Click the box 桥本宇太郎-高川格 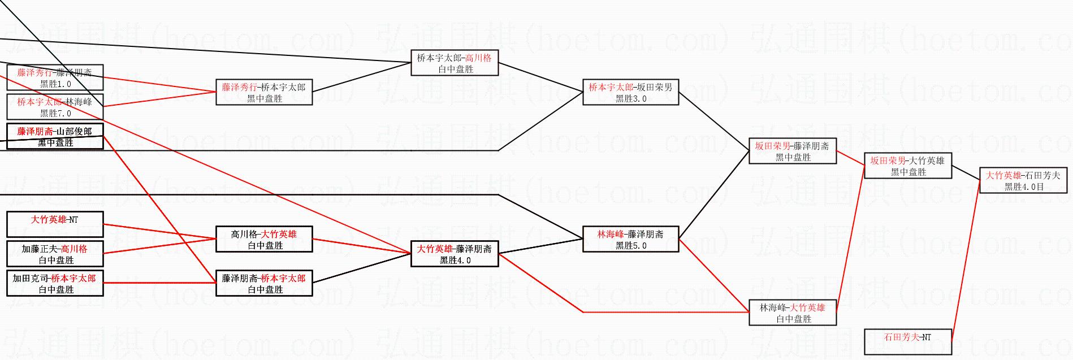[x=455, y=63]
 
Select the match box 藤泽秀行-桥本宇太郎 [x=264, y=93]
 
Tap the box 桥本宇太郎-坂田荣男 [x=630, y=93]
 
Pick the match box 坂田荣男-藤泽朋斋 [x=792, y=151]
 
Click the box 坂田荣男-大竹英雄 [x=907, y=166]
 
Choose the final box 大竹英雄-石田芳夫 [x=1023, y=181]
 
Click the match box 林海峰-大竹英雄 [x=792, y=313]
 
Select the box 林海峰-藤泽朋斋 [x=630, y=240]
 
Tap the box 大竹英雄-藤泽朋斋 [x=455, y=254]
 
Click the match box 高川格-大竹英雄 [x=264, y=240]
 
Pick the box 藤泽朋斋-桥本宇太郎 [x=264, y=284]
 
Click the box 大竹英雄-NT [x=55, y=224]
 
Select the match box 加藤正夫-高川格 [x=55, y=254]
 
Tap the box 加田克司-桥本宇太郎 [x=55, y=284]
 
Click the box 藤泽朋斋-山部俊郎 [x=55, y=137]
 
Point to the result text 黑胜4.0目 [x=1024, y=187]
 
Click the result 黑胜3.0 [x=631, y=99]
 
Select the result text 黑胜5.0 [x=631, y=246]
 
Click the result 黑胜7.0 [x=55, y=114]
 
